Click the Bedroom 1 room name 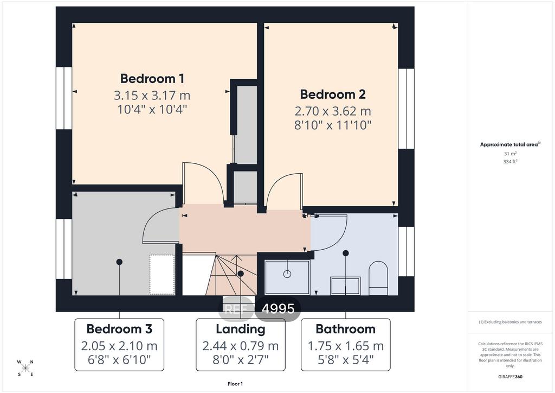(152, 78)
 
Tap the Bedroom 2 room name (333, 94)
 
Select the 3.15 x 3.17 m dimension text (152, 96)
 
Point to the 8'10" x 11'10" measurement (333, 125)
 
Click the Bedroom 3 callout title (119, 329)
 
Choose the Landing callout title (241, 329)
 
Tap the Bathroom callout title (345, 329)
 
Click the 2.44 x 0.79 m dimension (241, 346)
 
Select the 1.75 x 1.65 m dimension (345, 346)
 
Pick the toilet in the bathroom (378, 278)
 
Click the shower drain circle (287, 274)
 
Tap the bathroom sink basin (345, 286)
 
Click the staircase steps (232, 275)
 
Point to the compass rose (25, 368)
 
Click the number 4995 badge (278, 309)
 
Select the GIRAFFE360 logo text (510, 377)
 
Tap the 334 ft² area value (510, 161)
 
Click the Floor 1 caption (235, 384)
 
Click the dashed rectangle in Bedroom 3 (162, 274)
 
